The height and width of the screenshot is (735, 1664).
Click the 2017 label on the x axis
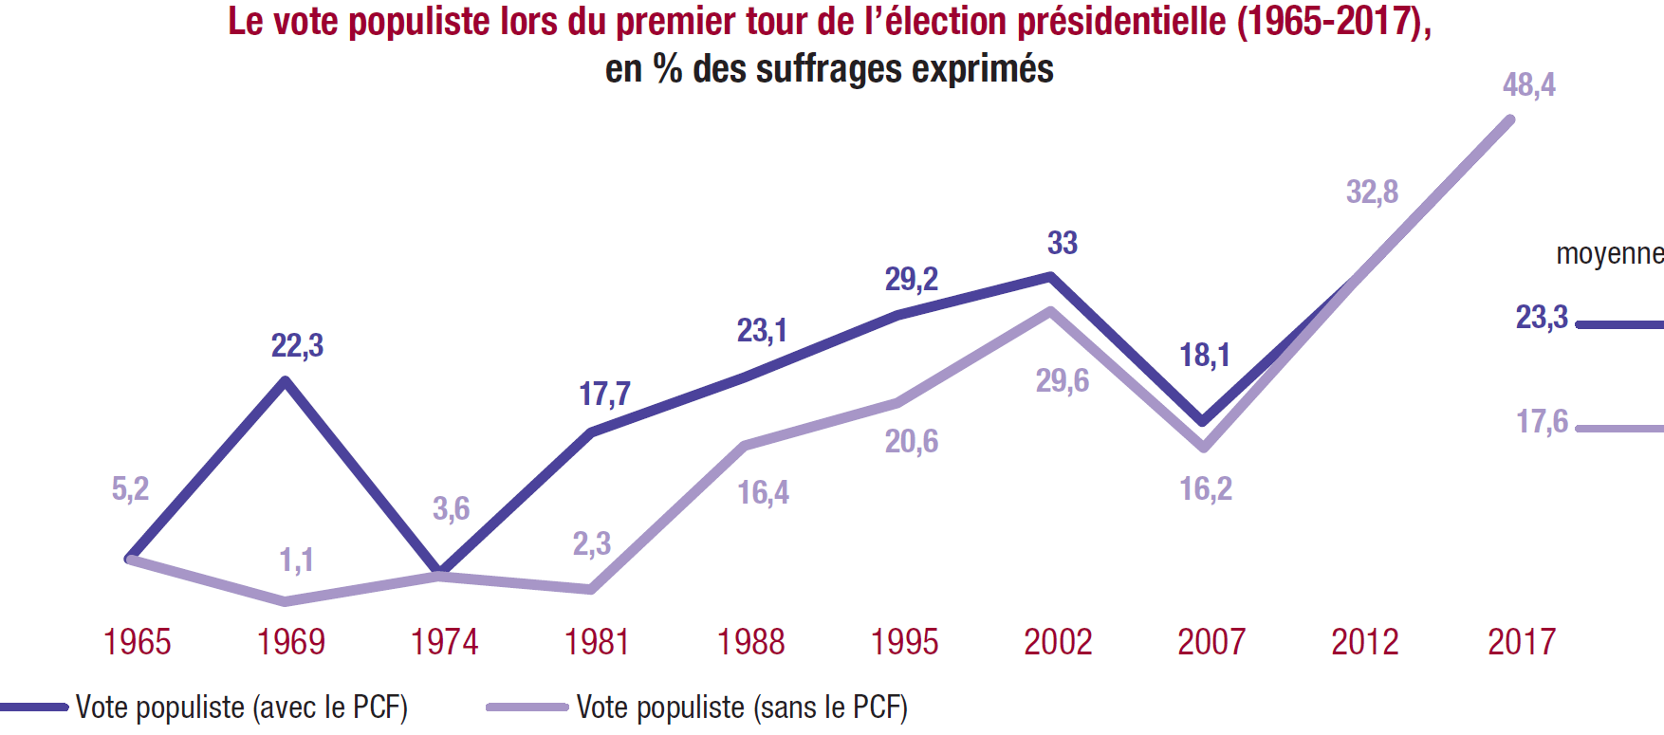click(1522, 642)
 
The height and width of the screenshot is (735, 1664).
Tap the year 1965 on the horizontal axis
click(138, 642)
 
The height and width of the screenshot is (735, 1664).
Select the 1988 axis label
click(750, 642)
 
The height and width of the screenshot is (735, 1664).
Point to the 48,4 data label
click(1528, 85)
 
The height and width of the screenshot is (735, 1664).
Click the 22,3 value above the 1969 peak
click(297, 346)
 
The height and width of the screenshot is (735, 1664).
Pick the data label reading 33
click(1063, 243)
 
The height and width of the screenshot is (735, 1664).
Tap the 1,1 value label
click(296, 560)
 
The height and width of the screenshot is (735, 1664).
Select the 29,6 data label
click(1063, 381)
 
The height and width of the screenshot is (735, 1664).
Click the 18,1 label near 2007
click(1204, 356)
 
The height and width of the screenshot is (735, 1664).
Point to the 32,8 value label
click(1372, 193)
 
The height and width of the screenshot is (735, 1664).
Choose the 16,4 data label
click(764, 493)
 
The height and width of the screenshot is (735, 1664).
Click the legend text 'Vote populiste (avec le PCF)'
click(242, 707)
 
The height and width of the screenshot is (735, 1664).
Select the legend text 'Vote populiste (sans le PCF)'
click(742, 707)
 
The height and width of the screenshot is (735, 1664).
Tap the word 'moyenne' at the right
click(1609, 254)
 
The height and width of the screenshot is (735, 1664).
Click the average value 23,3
click(1542, 317)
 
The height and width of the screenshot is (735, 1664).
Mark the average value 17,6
click(1542, 422)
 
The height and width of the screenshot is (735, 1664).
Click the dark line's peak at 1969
click(286, 380)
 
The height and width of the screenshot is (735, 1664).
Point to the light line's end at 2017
click(1509, 119)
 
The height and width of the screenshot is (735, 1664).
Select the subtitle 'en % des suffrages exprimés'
click(829, 69)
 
